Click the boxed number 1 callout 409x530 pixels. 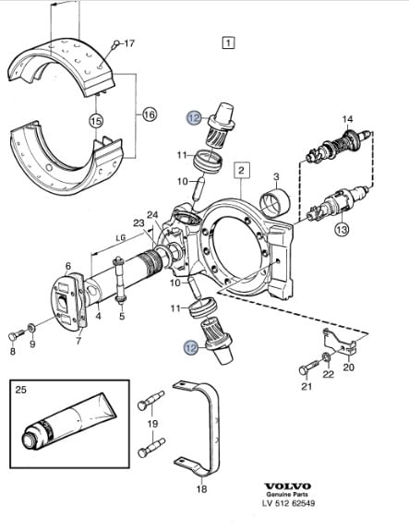point(228,42)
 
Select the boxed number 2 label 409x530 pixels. point(241,170)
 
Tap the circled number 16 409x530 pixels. point(149,114)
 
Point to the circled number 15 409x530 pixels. point(96,121)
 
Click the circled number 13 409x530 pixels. point(343,230)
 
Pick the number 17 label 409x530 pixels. point(128,43)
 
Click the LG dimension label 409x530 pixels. point(121,237)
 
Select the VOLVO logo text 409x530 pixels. point(287,487)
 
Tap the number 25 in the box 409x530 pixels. point(20,390)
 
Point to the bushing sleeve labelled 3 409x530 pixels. point(275,203)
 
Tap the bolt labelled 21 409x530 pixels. point(309,367)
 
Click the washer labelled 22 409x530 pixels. point(327,356)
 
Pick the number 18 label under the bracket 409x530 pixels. point(201,488)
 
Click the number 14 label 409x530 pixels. point(347,119)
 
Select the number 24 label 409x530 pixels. point(152,214)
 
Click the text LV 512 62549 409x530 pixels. point(288,503)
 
